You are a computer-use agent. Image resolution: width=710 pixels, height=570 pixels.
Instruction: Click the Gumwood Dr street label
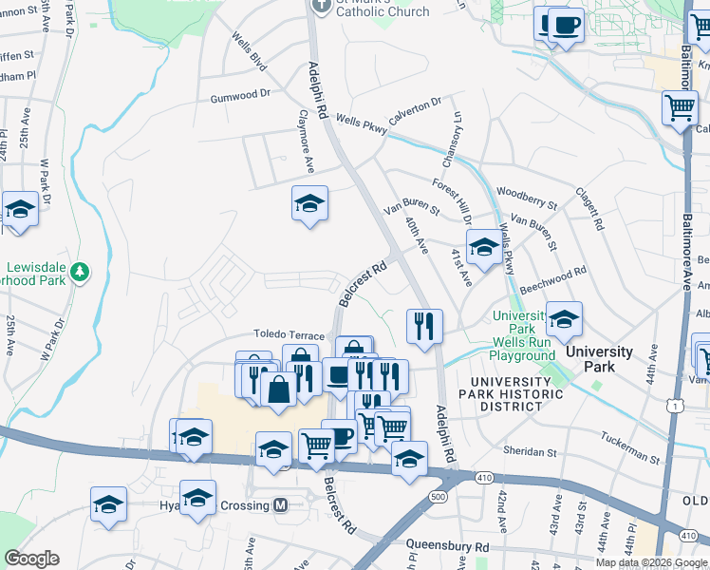[x=240, y=96]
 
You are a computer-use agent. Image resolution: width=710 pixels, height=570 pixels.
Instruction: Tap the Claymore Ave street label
[x=307, y=141]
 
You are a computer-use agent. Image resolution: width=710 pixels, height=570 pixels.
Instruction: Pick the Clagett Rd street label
[x=589, y=209]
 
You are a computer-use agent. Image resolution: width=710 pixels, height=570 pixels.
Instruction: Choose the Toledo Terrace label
[x=289, y=335]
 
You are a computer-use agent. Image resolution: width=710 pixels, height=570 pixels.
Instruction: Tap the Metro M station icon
[x=280, y=505]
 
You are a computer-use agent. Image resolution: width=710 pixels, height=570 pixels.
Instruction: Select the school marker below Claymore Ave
[x=309, y=203]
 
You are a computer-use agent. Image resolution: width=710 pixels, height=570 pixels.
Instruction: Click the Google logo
[x=31, y=559]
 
